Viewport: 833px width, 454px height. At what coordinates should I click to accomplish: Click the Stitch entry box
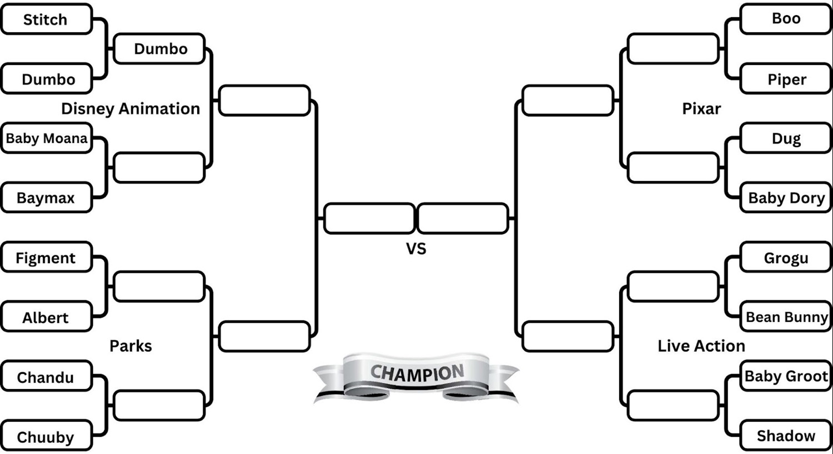point(46,19)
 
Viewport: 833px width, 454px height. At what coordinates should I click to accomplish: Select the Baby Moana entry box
point(46,138)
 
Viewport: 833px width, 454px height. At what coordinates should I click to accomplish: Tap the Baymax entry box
point(46,198)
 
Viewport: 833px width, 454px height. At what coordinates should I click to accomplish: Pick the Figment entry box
point(46,258)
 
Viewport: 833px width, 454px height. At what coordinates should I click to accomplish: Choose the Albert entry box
point(46,317)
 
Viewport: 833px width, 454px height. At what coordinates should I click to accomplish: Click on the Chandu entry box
point(46,377)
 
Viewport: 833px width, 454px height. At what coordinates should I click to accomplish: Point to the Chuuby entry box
point(46,437)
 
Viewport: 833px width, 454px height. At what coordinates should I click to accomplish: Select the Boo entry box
point(786,18)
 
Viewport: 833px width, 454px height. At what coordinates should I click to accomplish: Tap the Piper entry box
point(786,79)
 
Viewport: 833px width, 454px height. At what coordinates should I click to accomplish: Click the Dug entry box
point(786,138)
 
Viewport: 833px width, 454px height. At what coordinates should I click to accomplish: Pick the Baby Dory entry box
point(786,198)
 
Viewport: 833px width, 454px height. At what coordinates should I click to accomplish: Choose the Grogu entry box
point(786,258)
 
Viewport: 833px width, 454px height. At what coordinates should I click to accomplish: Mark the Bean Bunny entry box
point(786,317)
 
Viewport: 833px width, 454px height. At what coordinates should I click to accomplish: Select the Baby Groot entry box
point(786,376)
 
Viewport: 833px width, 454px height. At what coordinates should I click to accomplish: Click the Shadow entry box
point(786,436)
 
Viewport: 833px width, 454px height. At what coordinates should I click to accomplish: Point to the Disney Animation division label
point(131,109)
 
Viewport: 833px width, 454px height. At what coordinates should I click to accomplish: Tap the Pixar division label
point(701,109)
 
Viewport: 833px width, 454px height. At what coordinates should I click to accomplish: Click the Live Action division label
point(701,346)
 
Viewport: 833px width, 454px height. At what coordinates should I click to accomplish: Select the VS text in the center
point(416,249)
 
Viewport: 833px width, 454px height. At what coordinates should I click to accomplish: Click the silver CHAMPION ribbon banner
point(416,375)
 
